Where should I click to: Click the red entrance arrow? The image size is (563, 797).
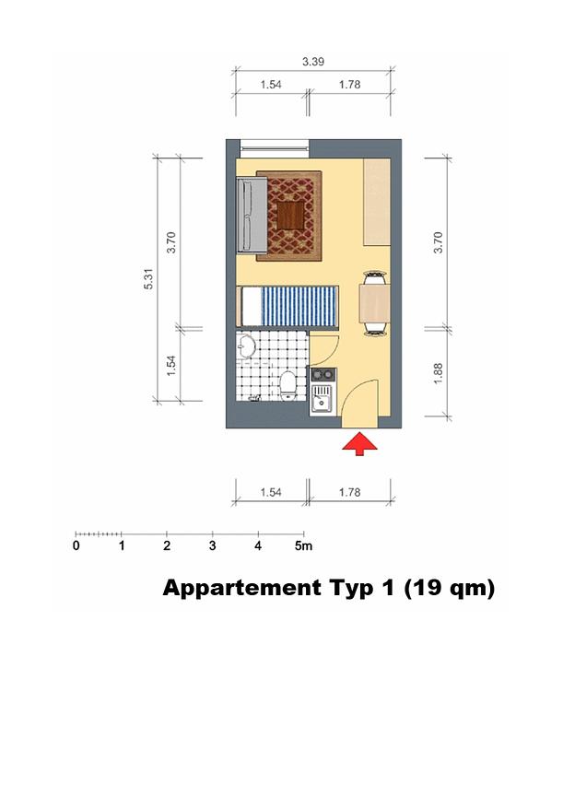coord(359,444)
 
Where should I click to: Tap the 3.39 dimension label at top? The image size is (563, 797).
coord(313,62)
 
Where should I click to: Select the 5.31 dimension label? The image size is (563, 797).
coord(148,278)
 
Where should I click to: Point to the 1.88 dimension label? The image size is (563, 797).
coord(438,373)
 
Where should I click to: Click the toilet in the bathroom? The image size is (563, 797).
coord(288,385)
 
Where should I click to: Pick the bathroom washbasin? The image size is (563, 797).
coord(246,346)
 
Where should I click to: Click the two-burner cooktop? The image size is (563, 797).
coord(323,375)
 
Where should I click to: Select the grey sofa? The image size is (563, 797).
coord(252,215)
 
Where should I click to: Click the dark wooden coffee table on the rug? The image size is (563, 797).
coord(290,216)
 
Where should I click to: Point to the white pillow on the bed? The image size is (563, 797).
coord(251,306)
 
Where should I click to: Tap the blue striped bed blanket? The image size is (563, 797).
coord(299,306)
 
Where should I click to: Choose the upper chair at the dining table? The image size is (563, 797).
coord(374,277)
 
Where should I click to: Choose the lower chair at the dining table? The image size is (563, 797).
coord(374,329)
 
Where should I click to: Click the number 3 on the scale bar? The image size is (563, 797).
coord(213,545)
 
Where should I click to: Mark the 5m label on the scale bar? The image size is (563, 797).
coord(303,545)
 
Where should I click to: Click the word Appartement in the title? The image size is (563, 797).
coord(241,588)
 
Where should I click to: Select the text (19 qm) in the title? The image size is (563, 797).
coord(449,588)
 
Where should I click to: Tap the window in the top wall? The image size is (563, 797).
coord(275,147)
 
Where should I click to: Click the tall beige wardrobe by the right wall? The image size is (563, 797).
coord(377,202)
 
